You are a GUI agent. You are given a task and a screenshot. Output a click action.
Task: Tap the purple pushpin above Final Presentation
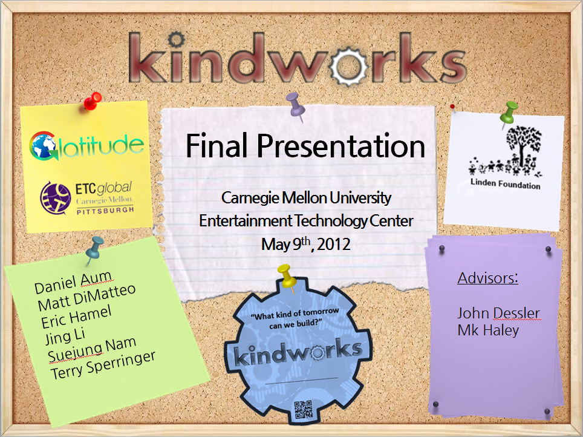click(x=296, y=106)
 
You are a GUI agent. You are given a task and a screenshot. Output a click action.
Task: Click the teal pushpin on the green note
click(x=94, y=249)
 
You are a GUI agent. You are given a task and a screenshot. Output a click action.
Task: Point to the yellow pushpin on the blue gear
click(x=287, y=277)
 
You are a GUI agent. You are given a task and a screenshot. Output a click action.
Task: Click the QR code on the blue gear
click(x=304, y=410)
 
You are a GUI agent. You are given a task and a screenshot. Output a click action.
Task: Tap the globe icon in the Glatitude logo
click(x=43, y=146)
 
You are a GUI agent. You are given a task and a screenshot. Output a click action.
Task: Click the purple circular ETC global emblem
click(x=56, y=199)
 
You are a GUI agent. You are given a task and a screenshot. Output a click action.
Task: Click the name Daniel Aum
click(x=73, y=283)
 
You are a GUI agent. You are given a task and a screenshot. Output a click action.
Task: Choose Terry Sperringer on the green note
click(x=103, y=366)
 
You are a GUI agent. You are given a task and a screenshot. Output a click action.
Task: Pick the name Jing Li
click(x=65, y=336)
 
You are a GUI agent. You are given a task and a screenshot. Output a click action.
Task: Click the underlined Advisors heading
click(x=488, y=278)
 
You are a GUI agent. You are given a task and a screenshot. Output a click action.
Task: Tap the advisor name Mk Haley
click(x=488, y=330)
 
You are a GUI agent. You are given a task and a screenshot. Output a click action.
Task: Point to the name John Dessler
click(x=498, y=313)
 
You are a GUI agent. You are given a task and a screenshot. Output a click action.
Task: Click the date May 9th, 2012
click(x=305, y=244)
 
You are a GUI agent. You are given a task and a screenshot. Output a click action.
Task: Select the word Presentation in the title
click(x=341, y=145)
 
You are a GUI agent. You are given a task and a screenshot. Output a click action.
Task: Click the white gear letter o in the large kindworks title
click(x=349, y=66)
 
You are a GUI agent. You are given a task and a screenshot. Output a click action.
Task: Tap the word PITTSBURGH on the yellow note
click(x=105, y=211)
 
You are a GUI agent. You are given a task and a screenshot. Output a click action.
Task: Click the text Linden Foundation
click(x=506, y=184)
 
